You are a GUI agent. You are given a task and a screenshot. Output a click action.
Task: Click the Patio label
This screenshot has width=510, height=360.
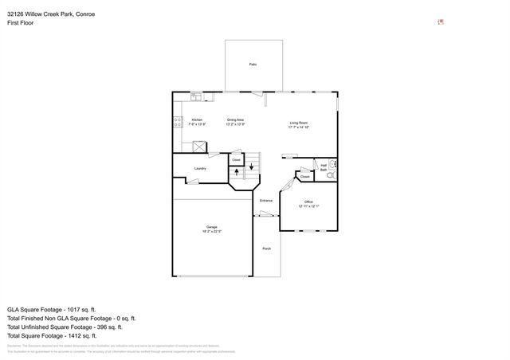253,64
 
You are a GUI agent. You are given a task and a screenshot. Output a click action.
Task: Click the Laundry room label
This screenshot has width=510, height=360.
201,168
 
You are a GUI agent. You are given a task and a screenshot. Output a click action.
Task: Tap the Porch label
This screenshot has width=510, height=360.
267,248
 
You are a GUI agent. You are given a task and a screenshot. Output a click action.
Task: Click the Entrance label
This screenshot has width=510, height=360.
266,200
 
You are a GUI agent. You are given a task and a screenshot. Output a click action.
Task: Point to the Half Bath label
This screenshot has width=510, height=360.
324,168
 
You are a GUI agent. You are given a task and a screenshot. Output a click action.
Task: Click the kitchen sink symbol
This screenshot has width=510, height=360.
196,98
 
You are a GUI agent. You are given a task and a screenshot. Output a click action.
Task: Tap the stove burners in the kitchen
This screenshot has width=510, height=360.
177,122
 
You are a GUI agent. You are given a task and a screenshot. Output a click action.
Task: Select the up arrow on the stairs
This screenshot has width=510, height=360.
237,173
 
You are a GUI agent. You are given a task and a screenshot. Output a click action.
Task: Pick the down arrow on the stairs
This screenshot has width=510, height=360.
253,166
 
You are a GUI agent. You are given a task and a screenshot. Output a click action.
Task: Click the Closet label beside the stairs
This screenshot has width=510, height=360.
237,160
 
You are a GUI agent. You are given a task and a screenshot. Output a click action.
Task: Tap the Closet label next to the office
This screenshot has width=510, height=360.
305,177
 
